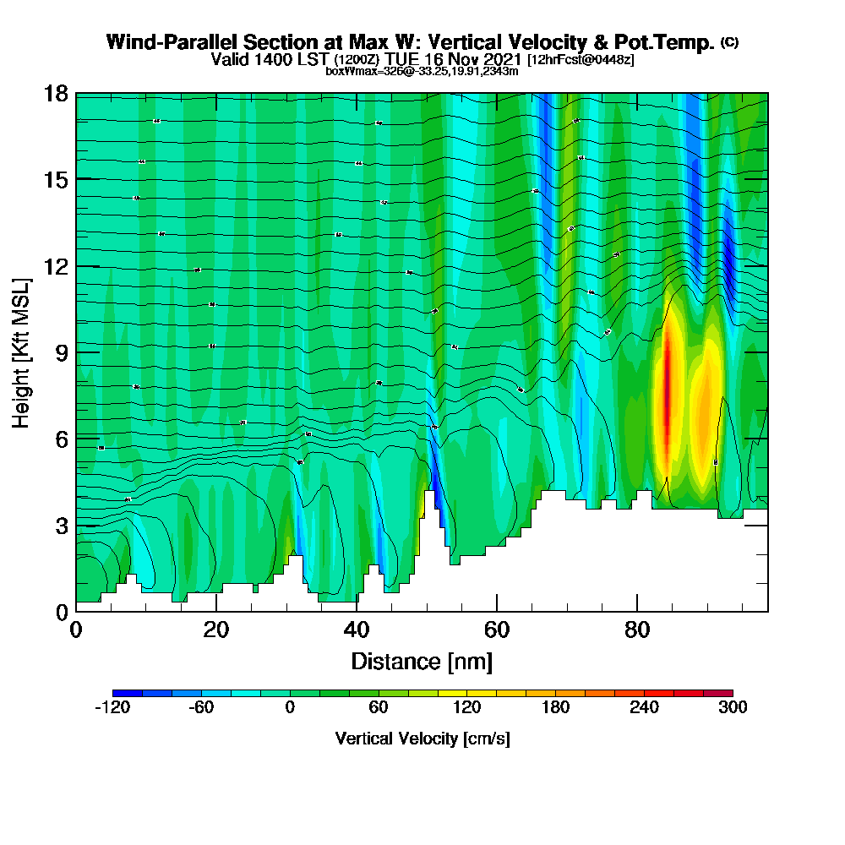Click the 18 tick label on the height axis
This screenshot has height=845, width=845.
56,93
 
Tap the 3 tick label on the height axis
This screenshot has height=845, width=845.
62,525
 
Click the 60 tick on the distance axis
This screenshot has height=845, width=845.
497,611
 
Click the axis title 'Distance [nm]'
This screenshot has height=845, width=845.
422,660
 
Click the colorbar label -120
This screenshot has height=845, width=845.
112,708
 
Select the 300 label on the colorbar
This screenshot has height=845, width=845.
732,708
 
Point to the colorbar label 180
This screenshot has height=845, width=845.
555,708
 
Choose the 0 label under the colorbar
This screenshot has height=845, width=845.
290,708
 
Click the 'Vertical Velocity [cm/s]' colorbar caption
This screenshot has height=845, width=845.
422,739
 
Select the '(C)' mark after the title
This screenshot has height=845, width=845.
729,42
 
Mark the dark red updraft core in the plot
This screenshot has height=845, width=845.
666,389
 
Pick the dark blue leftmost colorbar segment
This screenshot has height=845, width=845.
128,693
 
